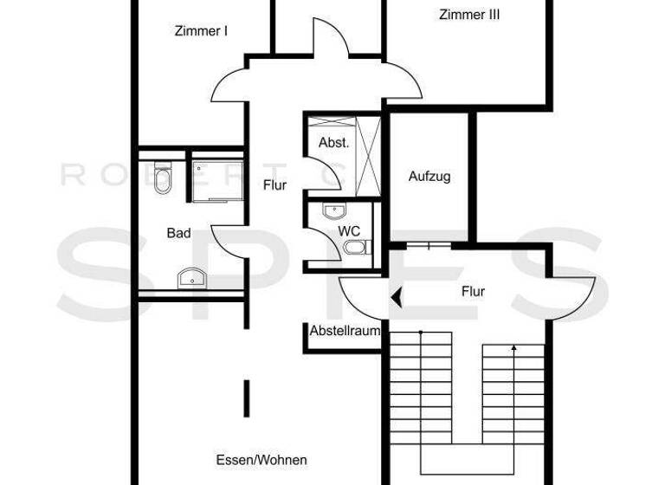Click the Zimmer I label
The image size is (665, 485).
click(200, 31)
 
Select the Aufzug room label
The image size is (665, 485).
click(429, 177)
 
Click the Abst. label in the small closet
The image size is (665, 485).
click(333, 143)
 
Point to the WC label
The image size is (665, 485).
click(349, 231)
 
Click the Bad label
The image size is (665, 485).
click(178, 233)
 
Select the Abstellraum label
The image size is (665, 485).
click(345, 330)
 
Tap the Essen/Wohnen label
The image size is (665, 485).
click(261, 460)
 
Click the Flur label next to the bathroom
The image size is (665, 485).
click(274, 184)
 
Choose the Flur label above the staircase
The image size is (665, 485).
click(473, 292)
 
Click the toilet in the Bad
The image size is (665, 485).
click(162, 179)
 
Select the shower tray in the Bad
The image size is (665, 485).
click(216, 179)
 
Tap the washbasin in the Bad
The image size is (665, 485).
click(190, 278)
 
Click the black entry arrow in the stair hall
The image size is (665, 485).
click(396, 299)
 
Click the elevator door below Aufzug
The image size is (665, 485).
click(429, 246)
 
